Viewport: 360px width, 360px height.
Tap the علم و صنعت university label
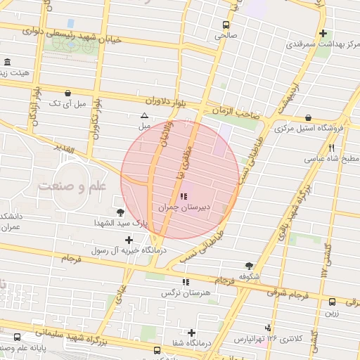point(73,186)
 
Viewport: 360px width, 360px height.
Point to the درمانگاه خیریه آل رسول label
point(126,250)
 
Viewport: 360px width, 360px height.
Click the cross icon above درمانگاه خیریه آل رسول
point(129,240)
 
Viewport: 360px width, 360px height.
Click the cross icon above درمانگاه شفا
point(191,333)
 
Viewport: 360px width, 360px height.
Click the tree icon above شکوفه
point(249,266)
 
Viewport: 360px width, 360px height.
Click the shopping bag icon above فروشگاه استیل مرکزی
point(309,118)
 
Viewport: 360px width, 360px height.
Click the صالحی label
point(226,34)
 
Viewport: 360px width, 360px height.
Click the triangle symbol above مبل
point(144,115)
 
